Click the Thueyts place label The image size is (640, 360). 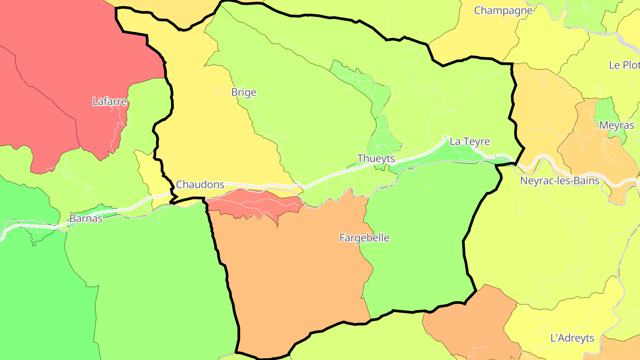point(376,159)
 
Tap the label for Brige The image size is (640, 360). point(244,92)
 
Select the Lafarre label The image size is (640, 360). point(110,102)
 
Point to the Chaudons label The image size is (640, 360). point(200,184)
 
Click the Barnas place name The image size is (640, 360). point(86,219)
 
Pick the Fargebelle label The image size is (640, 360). point(364,238)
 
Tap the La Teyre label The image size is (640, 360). point(470,142)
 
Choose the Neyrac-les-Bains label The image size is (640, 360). point(560,181)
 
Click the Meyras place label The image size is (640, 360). point(616,125)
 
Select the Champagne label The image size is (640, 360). point(503,11)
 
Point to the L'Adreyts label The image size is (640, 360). point(572,338)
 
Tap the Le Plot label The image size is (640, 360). point(624,65)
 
